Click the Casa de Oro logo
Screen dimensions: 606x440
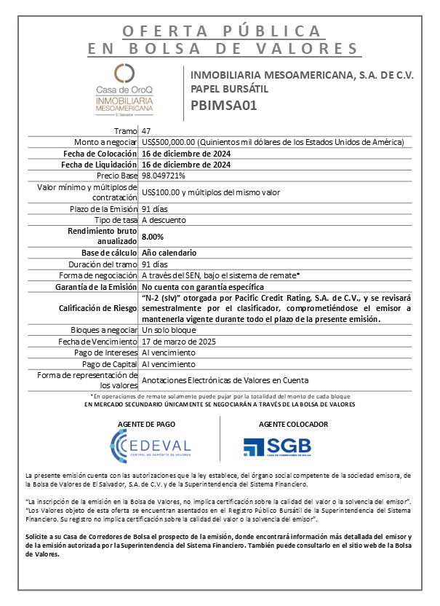pos(125,90)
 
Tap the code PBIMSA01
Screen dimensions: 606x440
pos(224,104)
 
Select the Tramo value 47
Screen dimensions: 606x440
pos(147,130)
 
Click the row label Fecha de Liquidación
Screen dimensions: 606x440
pos(97,165)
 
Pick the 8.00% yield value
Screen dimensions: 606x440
pos(153,237)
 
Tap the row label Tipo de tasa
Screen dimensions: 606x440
pos(116,220)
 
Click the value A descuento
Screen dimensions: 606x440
pos(164,220)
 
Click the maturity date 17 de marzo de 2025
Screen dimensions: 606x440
pos(180,341)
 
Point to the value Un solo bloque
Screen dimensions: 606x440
pos(169,330)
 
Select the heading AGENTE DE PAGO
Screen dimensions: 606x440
pos(151,423)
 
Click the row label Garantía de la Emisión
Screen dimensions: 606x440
pos(95,287)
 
